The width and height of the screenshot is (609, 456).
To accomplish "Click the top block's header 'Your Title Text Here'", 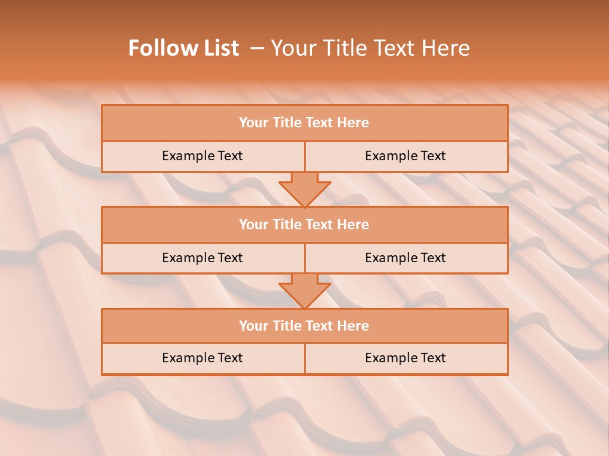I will pos(304,123).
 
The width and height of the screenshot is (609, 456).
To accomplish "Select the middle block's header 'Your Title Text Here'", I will pos(304,224).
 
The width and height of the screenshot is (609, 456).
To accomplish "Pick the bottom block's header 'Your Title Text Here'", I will pos(304,326).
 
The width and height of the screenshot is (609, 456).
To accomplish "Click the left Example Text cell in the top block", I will pos(202,156).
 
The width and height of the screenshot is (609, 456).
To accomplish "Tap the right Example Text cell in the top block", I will pos(405,156).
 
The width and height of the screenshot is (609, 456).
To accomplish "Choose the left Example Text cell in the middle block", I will pos(202,258).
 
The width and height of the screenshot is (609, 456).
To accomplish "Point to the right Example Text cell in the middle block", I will pos(405,258).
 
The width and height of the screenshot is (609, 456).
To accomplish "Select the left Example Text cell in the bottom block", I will pos(202,358).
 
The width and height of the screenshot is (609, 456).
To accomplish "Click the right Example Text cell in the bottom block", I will pos(405,358).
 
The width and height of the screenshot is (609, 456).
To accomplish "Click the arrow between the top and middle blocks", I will pos(304,188).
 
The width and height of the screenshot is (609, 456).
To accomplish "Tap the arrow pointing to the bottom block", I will pos(304,290).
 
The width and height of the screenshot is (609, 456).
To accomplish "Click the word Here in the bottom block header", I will pos(353,326).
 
